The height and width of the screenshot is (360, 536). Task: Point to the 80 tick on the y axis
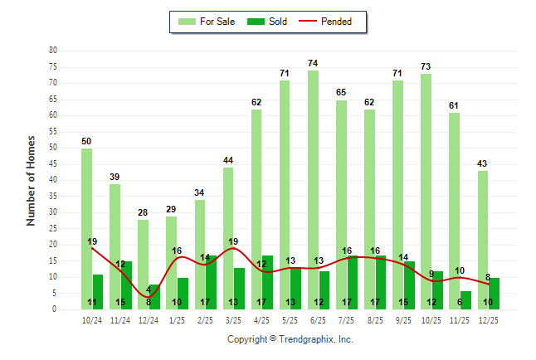pos(53,50)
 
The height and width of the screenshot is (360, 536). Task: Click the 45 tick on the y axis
pos(53,163)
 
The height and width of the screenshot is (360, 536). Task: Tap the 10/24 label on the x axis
pos(92,319)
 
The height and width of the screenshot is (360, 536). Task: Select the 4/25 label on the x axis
pos(262,319)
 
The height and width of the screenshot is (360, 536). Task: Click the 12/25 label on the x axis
pos(489,319)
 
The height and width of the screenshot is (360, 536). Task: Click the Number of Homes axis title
pos(32,180)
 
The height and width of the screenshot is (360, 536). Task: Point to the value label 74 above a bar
pos(313,63)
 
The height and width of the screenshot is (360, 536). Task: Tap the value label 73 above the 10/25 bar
pos(426,66)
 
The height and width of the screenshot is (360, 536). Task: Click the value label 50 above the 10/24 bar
pos(86,141)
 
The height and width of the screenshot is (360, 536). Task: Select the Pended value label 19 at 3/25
pos(233,241)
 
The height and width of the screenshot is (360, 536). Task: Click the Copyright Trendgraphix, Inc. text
pos(290,339)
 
